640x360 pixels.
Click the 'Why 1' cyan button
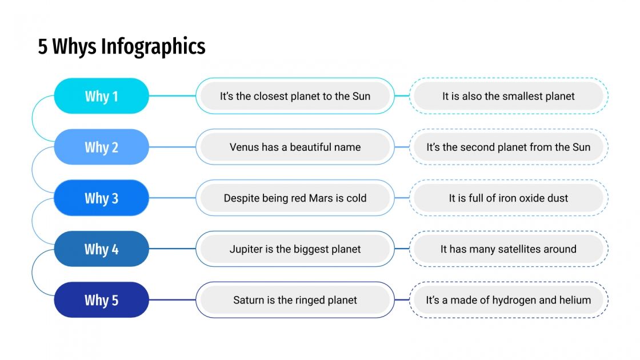click(x=101, y=96)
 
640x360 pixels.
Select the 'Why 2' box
click(x=101, y=147)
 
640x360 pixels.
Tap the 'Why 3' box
click(x=101, y=198)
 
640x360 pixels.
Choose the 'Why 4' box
click(x=101, y=249)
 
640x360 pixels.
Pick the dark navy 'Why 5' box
click(x=101, y=300)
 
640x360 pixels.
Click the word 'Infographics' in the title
click(x=153, y=47)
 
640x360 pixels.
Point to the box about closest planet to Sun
click(x=295, y=96)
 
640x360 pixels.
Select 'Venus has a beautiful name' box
click(x=295, y=147)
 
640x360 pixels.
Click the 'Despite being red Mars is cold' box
click(x=295, y=198)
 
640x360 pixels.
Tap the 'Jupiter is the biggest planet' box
click(x=295, y=249)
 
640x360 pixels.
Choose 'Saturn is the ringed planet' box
click(x=295, y=300)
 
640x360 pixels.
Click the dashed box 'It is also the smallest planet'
click(x=508, y=96)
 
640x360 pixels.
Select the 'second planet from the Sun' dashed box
click(x=508, y=147)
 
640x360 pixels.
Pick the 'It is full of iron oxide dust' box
click(x=508, y=198)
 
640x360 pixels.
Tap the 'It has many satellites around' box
click(x=508, y=249)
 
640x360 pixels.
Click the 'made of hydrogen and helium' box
click(x=508, y=300)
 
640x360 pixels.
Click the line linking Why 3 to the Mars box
click(x=172, y=198)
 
